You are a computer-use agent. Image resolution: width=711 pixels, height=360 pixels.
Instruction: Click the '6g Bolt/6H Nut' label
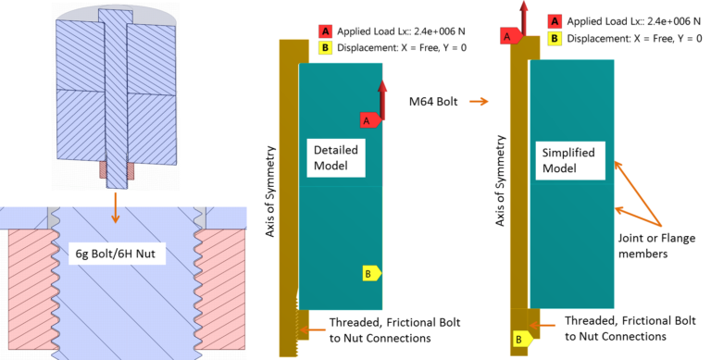(x=116, y=251)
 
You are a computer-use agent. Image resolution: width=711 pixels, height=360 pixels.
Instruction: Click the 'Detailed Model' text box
(x=335, y=157)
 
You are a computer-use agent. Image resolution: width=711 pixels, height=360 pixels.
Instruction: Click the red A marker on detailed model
(x=367, y=120)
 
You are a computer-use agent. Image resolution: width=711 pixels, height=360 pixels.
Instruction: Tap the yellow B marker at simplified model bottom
(x=518, y=340)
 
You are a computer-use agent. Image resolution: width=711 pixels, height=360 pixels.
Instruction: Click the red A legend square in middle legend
(x=324, y=31)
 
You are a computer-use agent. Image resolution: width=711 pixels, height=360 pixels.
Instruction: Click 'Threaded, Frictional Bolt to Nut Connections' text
(x=394, y=329)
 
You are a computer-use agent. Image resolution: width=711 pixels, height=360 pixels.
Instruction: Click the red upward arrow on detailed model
(x=380, y=97)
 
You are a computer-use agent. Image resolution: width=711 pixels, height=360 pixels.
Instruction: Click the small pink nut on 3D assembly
(x=117, y=171)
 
